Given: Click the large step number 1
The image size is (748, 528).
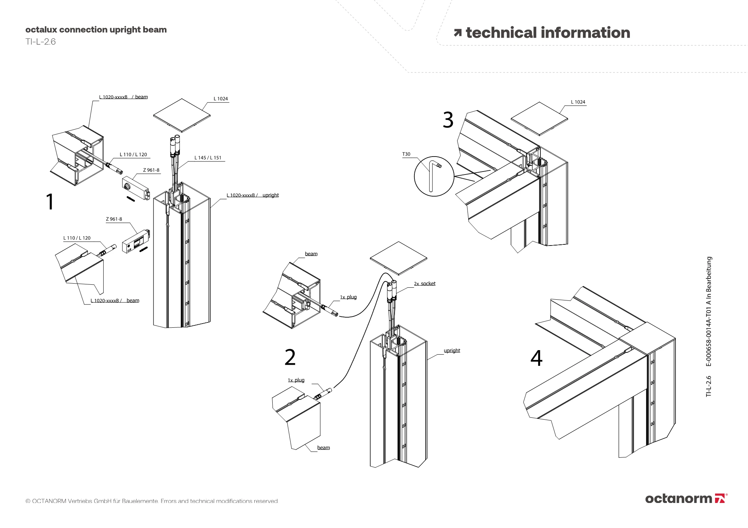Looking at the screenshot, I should (50, 202).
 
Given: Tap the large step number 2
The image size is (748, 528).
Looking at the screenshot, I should (290, 358).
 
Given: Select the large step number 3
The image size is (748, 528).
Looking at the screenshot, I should (448, 120).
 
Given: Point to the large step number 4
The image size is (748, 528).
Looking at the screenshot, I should (536, 358).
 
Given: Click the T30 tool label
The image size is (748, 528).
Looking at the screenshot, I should (406, 154).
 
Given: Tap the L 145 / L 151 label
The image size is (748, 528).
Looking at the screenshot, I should (208, 158).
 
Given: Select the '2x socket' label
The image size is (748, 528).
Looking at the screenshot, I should (424, 284).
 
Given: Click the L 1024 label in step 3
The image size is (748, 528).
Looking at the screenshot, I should (578, 102).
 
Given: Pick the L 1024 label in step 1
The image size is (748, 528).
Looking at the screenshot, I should (221, 99).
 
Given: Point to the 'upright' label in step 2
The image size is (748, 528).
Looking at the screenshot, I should (452, 351).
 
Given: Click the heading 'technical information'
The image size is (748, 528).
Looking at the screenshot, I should (548, 33).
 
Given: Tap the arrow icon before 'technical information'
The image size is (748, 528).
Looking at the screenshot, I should (457, 33).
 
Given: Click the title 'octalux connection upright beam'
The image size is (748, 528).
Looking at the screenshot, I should (96, 30).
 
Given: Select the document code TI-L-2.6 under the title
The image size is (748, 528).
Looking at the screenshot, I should (40, 42).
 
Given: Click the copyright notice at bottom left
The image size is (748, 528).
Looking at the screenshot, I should (152, 501).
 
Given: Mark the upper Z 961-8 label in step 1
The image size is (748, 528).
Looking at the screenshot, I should (151, 170).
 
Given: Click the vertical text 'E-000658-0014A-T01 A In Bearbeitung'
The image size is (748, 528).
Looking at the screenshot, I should (709, 311).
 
